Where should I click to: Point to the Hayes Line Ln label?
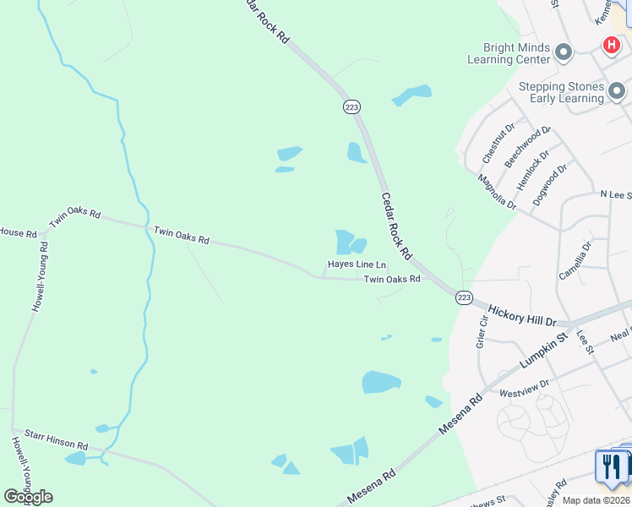357,264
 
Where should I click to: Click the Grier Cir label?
484,330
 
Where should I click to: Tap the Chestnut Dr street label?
499,144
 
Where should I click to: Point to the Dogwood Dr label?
550,185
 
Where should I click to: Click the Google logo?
28,496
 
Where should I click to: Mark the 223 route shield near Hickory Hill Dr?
464,297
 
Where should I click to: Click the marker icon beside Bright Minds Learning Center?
564,53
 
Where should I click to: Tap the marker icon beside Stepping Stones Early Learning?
618,90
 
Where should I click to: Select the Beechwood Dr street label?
528,145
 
